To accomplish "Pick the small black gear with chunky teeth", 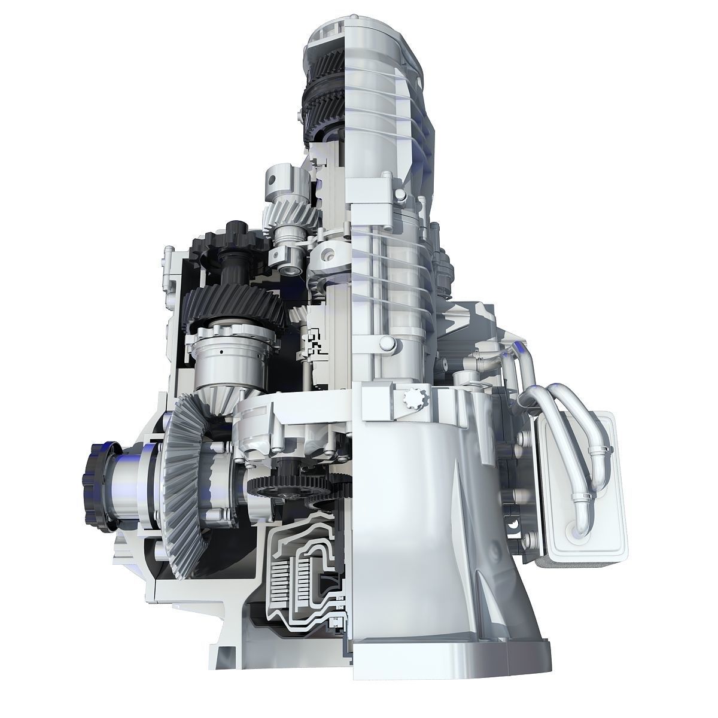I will (236, 236).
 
